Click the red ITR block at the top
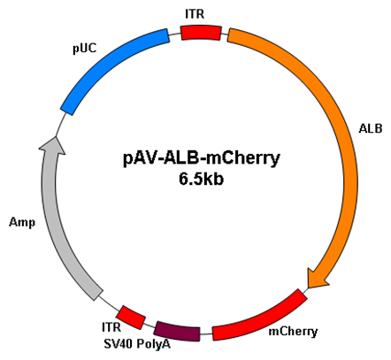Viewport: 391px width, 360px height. (x=201, y=33)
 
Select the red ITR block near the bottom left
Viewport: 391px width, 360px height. (x=131, y=318)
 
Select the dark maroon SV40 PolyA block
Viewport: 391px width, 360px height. (x=178, y=332)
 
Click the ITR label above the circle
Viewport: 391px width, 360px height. (x=195, y=14)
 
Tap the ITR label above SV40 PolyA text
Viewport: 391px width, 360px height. (x=111, y=327)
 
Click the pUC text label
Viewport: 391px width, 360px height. (x=85, y=49)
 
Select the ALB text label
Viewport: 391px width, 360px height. (x=371, y=128)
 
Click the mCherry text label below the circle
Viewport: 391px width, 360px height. (x=293, y=332)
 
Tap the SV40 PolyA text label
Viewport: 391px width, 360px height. (x=137, y=344)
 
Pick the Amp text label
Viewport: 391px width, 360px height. (x=22, y=222)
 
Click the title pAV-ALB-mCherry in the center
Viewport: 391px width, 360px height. (x=201, y=159)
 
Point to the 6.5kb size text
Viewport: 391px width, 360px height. (x=201, y=180)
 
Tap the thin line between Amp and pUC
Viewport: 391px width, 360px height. (x=60, y=125)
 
